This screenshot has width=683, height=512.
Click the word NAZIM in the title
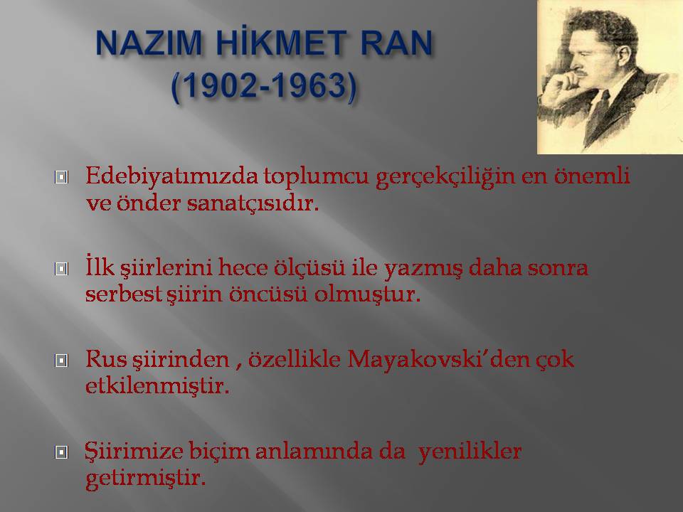click(148, 43)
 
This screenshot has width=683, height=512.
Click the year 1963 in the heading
click(308, 85)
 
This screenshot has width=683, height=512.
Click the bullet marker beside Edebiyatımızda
click(61, 177)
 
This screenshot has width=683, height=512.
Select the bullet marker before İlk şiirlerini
click(61, 269)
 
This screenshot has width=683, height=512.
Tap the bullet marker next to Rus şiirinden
click(61, 360)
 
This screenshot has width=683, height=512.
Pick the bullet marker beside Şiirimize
click(61, 452)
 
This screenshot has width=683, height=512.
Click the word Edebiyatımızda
click(172, 177)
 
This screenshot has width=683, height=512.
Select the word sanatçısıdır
click(253, 203)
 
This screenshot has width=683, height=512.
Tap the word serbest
click(124, 294)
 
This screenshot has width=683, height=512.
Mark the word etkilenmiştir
click(157, 386)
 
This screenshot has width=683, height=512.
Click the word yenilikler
click(470, 452)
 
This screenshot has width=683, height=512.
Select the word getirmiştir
click(145, 479)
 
